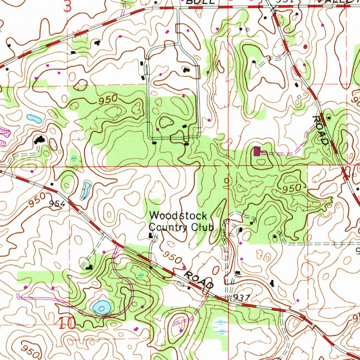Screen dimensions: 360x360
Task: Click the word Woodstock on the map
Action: [x=178, y=215]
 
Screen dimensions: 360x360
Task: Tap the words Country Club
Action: [x=181, y=227]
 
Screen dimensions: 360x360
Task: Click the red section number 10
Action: [x=67, y=323]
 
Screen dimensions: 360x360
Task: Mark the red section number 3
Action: [x=68, y=6]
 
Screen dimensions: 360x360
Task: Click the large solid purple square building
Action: [x=257, y=152]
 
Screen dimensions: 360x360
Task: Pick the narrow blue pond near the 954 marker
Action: [x=85, y=190]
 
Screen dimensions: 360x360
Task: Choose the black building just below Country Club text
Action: [x=151, y=235]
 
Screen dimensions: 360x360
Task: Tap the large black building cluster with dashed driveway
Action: [x=39, y=140]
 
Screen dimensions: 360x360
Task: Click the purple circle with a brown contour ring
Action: [x=305, y=46]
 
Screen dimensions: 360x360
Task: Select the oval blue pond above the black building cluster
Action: [x=34, y=119]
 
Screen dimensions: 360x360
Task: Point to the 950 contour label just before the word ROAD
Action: [x=172, y=259]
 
